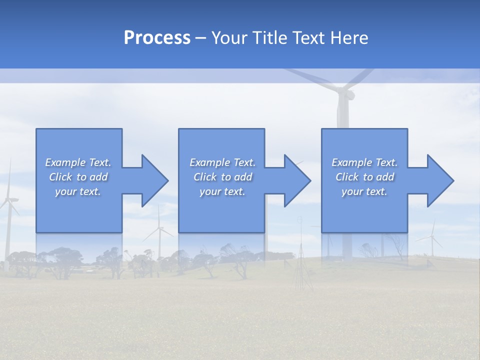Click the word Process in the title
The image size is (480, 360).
click(157, 38)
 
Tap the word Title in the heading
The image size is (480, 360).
click(270, 38)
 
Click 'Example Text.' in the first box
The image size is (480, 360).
click(78, 162)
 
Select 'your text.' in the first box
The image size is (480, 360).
click(78, 191)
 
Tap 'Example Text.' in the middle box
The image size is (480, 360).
click(222, 162)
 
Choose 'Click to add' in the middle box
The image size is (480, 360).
click(222, 177)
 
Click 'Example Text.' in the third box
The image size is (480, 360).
click(364, 162)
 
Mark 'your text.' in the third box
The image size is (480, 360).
click(364, 191)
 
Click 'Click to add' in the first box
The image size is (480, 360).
click(78, 177)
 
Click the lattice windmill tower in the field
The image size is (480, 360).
click(301, 260)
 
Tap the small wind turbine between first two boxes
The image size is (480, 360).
click(159, 235)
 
